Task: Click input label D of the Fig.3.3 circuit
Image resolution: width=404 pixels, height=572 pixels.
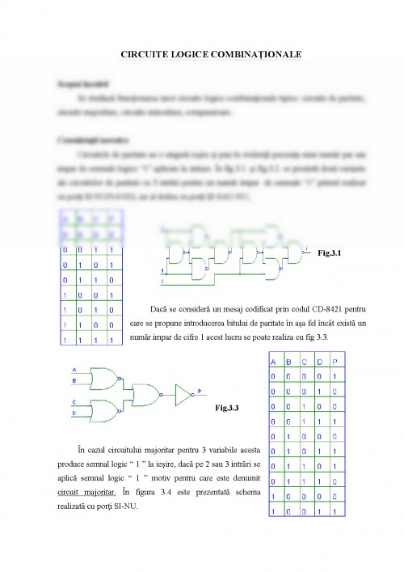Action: coord(75,411)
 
